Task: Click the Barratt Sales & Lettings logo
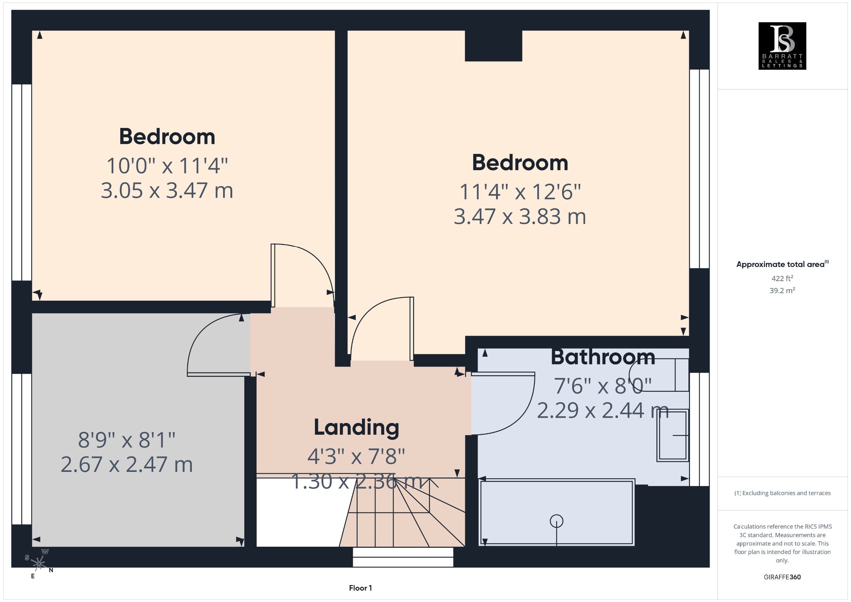tap(782, 46)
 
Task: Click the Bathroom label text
tap(603, 357)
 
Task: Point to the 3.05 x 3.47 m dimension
tap(167, 190)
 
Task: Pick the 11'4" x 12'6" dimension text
tap(520, 192)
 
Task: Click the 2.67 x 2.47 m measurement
tap(127, 464)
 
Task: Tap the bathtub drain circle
tap(556, 521)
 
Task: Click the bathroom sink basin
tap(673, 435)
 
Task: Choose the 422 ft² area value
tap(782, 278)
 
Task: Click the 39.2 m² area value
tap(782, 290)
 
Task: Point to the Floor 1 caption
tap(360, 588)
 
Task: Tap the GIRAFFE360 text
tap(782, 577)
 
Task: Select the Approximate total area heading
tap(782, 264)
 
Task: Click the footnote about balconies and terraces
tap(782, 493)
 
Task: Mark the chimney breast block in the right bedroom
tap(493, 46)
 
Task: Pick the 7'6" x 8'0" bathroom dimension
tap(603, 386)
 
